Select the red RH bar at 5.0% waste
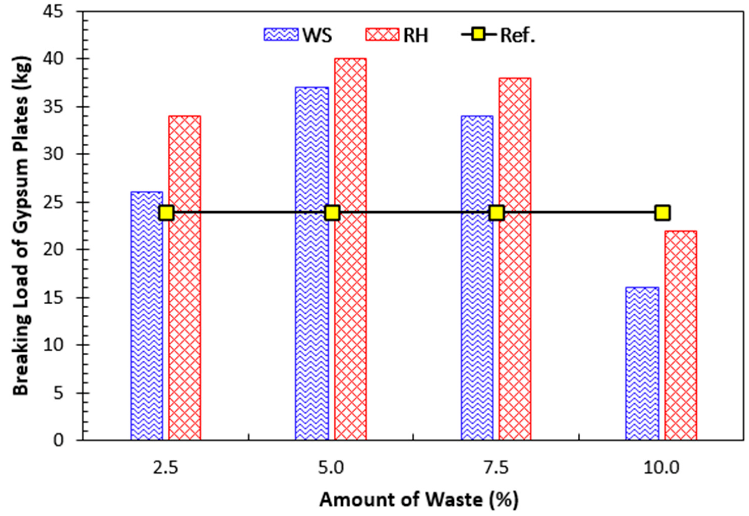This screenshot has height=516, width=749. pos(350,249)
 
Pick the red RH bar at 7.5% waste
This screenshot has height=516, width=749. pos(515,259)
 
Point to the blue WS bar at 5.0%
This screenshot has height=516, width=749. pos(312,263)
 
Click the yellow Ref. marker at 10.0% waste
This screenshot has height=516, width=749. pos(662,213)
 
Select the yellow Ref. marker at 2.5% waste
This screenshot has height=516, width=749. pos(167,213)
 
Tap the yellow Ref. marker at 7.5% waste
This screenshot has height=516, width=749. pos(496,213)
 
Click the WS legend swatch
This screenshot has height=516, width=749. pos(280,34)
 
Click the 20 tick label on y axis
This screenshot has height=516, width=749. pos(53,250)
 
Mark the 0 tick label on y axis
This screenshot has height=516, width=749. pos(58,440)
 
